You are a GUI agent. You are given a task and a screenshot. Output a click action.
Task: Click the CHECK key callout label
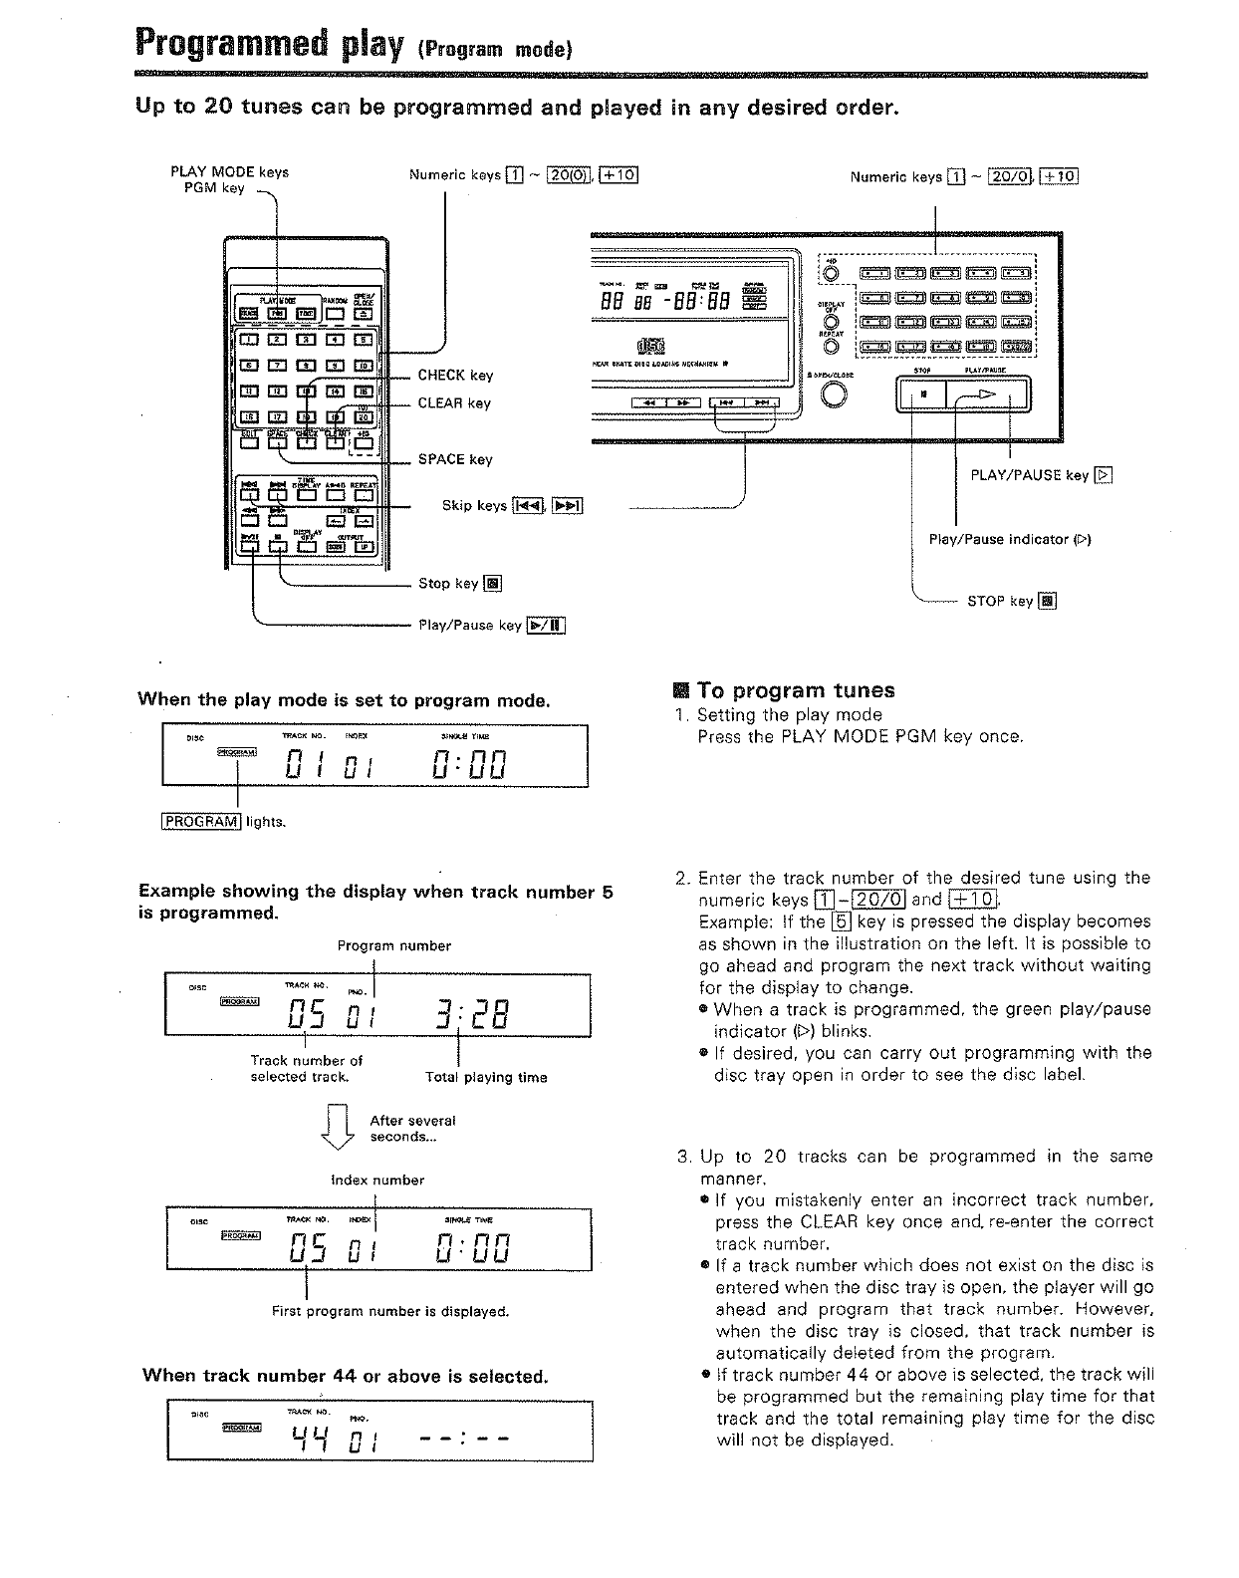coord(454,376)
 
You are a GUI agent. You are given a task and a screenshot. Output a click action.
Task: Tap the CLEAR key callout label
coord(454,403)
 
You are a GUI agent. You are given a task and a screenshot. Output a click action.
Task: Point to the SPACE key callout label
coord(454,459)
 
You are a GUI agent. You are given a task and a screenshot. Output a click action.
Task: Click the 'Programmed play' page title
coord(264,44)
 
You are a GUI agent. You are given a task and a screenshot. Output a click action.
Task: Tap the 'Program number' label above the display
coord(393,945)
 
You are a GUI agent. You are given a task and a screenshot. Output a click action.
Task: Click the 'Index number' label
coord(377,1181)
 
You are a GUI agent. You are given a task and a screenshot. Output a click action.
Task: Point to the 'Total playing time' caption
coord(486,1077)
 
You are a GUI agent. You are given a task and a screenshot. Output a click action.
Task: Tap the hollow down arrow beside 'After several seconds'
coord(339,1128)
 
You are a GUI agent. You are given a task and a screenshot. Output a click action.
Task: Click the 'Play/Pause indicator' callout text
coord(1010,539)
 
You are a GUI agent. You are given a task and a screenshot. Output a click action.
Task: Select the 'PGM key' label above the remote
coord(214,187)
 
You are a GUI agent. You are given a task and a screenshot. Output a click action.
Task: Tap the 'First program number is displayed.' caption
coord(390,1311)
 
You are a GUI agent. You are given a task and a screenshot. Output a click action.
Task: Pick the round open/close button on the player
coord(836,395)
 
